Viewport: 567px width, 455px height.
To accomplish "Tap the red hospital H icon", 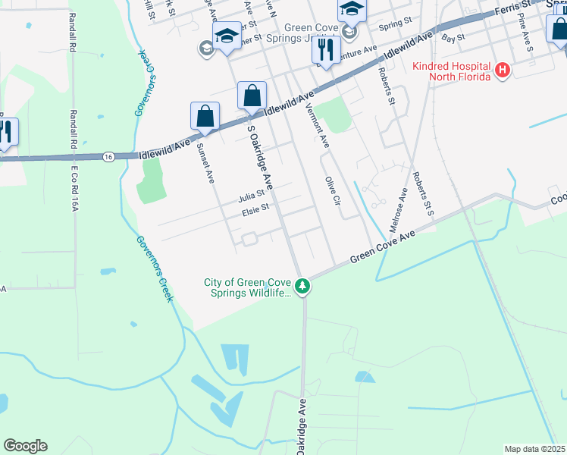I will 501,71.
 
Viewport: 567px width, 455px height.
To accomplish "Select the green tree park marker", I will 302,287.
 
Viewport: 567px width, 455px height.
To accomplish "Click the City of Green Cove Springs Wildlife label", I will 247,288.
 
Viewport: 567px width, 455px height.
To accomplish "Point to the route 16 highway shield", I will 109,156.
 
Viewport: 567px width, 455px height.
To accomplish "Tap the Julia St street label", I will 251,196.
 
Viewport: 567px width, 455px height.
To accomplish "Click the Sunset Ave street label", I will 205,162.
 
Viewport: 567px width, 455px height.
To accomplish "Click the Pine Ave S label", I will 525,32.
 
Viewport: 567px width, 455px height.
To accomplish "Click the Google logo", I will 25,446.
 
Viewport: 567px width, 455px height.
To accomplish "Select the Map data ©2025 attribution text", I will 535,449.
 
